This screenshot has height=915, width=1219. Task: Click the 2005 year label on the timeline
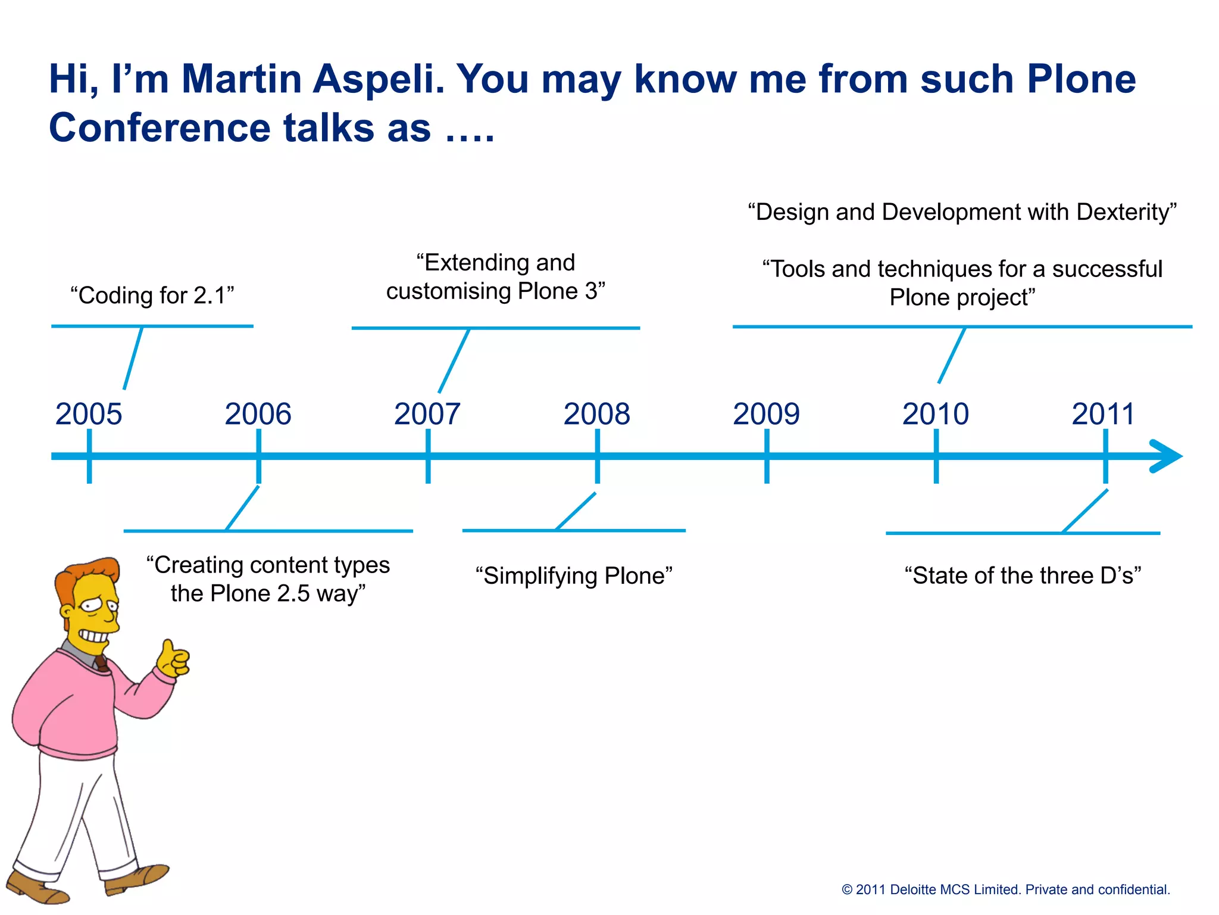89,414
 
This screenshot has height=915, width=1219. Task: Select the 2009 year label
766,414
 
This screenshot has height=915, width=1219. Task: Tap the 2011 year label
1104,414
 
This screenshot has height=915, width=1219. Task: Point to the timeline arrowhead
1167,456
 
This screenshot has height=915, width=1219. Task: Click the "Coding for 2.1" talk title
152,295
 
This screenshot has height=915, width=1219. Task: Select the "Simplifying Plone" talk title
574,576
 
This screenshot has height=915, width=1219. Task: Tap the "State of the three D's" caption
1023,576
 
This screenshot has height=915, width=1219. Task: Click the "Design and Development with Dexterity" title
962,212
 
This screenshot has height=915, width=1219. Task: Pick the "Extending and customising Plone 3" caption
496,277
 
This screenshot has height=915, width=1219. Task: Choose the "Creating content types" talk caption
268,579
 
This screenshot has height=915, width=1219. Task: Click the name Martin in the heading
242,79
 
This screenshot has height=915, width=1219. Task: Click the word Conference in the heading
161,128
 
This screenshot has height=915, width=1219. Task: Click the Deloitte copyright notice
1005,889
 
